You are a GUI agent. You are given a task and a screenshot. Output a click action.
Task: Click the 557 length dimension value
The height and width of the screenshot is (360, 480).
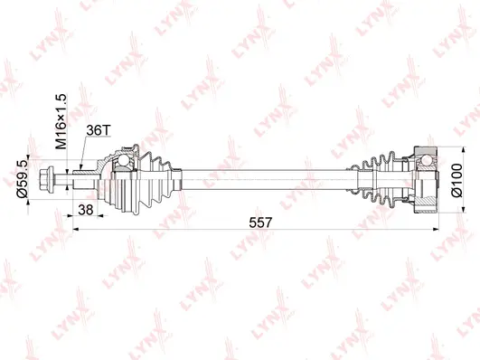click(x=260, y=222)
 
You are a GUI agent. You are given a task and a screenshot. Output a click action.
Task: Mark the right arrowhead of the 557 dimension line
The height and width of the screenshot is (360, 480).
click(x=437, y=230)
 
